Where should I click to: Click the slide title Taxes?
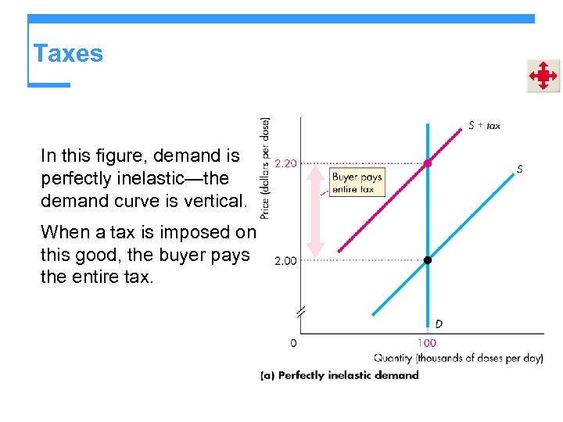tap(68, 53)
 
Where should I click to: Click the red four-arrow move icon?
tap(543, 76)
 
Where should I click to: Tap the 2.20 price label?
tap(286, 163)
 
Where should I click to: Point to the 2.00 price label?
tap(285, 260)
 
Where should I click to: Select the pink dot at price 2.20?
tap(428, 163)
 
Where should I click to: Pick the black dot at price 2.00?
tap(428, 260)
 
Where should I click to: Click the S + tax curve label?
tap(485, 125)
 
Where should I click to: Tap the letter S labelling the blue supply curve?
tap(520, 168)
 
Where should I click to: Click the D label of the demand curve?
tap(439, 324)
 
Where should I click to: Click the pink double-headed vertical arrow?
tap(314, 210)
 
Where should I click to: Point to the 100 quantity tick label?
tap(427, 342)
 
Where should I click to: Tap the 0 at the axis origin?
tap(293, 342)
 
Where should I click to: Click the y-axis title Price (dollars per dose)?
tap(265, 167)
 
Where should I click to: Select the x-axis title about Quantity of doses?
tap(458, 358)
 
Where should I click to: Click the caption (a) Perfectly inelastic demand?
tap(339, 375)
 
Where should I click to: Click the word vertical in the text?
tap(217, 200)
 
